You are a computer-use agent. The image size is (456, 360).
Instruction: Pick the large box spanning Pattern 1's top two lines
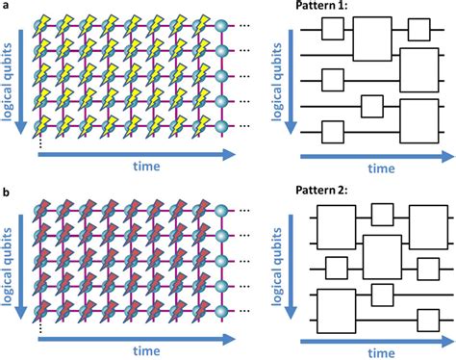point(370,43)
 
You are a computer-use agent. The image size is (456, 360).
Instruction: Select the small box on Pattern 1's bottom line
point(333,130)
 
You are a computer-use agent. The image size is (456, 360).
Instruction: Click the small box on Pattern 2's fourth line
point(383,293)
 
